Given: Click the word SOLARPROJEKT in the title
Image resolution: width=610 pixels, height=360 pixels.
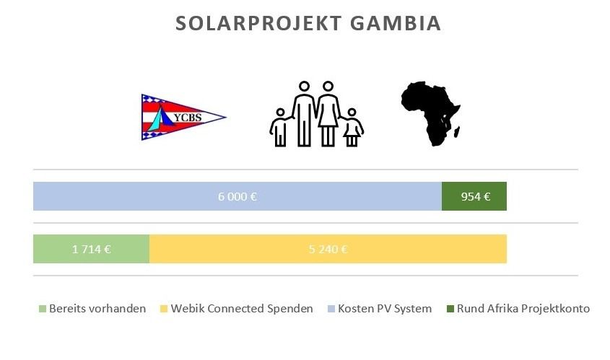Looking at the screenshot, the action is tap(258, 23).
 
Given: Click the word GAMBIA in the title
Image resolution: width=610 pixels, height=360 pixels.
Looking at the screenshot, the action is tap(396, 23).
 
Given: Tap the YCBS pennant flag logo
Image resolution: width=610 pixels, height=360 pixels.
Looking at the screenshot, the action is tap(183, 117).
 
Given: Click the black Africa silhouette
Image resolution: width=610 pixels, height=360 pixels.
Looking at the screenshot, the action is tap(431, 113).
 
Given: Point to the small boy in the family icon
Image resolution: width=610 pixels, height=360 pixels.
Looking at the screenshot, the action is tap(280, 128).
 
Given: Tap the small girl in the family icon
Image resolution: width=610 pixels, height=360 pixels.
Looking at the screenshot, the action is tap(352, 128).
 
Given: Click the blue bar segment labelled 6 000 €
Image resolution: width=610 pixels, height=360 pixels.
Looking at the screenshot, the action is tap(238, 196).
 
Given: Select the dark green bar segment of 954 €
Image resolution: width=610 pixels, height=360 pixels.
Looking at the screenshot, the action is tap(474, 196).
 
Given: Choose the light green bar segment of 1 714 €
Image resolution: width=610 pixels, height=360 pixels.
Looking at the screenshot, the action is tap(91, 249).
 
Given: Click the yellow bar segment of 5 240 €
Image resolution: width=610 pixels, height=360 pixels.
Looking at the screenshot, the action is tap(328, 249).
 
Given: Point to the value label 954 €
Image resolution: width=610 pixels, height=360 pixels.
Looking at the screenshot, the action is tap(476, 197).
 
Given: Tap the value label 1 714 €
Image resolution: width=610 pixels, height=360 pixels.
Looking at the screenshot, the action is tap(92, 249).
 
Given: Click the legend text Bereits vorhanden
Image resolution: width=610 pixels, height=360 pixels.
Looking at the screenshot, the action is tap(97, 309).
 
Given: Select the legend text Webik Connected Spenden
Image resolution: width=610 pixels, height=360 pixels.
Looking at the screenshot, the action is tap(242, 309).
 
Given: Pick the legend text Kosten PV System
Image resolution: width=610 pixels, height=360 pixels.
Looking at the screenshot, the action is tap(385, 309).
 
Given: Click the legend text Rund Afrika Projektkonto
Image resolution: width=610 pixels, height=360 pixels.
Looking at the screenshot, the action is tap(523, 309).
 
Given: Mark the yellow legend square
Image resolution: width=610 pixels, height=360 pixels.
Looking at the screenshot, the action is tap(164, 309).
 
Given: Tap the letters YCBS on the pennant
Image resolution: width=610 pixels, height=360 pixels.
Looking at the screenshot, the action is tap(188, 118).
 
